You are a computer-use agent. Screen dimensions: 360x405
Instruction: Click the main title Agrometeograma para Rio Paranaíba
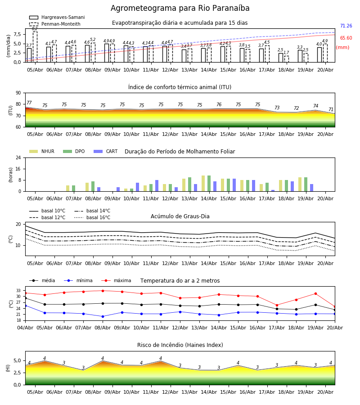(180, 8)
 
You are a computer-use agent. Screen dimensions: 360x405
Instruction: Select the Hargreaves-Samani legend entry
(57, 17)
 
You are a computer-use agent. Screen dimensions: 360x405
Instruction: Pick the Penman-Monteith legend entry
(55, 24)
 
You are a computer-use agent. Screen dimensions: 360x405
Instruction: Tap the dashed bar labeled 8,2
(35, 47)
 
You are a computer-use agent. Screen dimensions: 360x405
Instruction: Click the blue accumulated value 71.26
(346, 26)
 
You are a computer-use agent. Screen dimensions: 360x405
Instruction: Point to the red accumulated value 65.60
(346, 38)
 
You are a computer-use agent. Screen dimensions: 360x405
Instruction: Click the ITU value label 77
(29, 103)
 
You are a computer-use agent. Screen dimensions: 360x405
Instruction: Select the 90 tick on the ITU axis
(18, 93)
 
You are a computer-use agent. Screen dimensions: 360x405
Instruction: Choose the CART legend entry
(106, 151)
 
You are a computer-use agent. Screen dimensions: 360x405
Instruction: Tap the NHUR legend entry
(42, 151)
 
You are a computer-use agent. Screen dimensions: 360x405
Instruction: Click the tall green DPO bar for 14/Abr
(209, 184)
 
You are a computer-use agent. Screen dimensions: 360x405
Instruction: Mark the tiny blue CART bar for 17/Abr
(273, 191)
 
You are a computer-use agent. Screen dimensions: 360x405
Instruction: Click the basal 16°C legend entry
(92, 217)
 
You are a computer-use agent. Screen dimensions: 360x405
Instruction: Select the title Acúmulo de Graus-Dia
(180, 216)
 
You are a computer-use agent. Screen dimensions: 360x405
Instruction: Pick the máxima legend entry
(116, 280)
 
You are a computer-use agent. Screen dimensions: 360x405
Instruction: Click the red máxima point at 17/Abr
(277, 305)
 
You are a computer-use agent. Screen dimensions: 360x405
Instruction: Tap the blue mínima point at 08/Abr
(103, 316)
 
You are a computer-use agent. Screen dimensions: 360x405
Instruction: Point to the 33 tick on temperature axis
(18, 291)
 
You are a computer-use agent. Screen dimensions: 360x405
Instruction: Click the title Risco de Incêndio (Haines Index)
(180, 345)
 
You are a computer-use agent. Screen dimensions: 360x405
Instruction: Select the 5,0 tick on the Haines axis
(18, 360)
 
